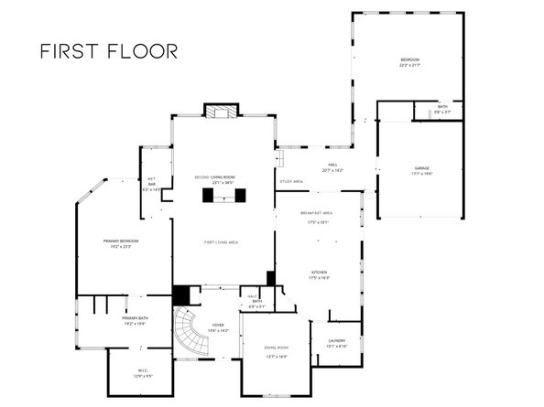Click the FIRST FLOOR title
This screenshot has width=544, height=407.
coord(108,50)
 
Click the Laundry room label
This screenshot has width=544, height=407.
coord(337,343)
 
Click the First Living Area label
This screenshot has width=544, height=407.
coord(221,241)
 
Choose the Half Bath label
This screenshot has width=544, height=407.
coord(257,302)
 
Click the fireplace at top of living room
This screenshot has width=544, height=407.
coord(221,112)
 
